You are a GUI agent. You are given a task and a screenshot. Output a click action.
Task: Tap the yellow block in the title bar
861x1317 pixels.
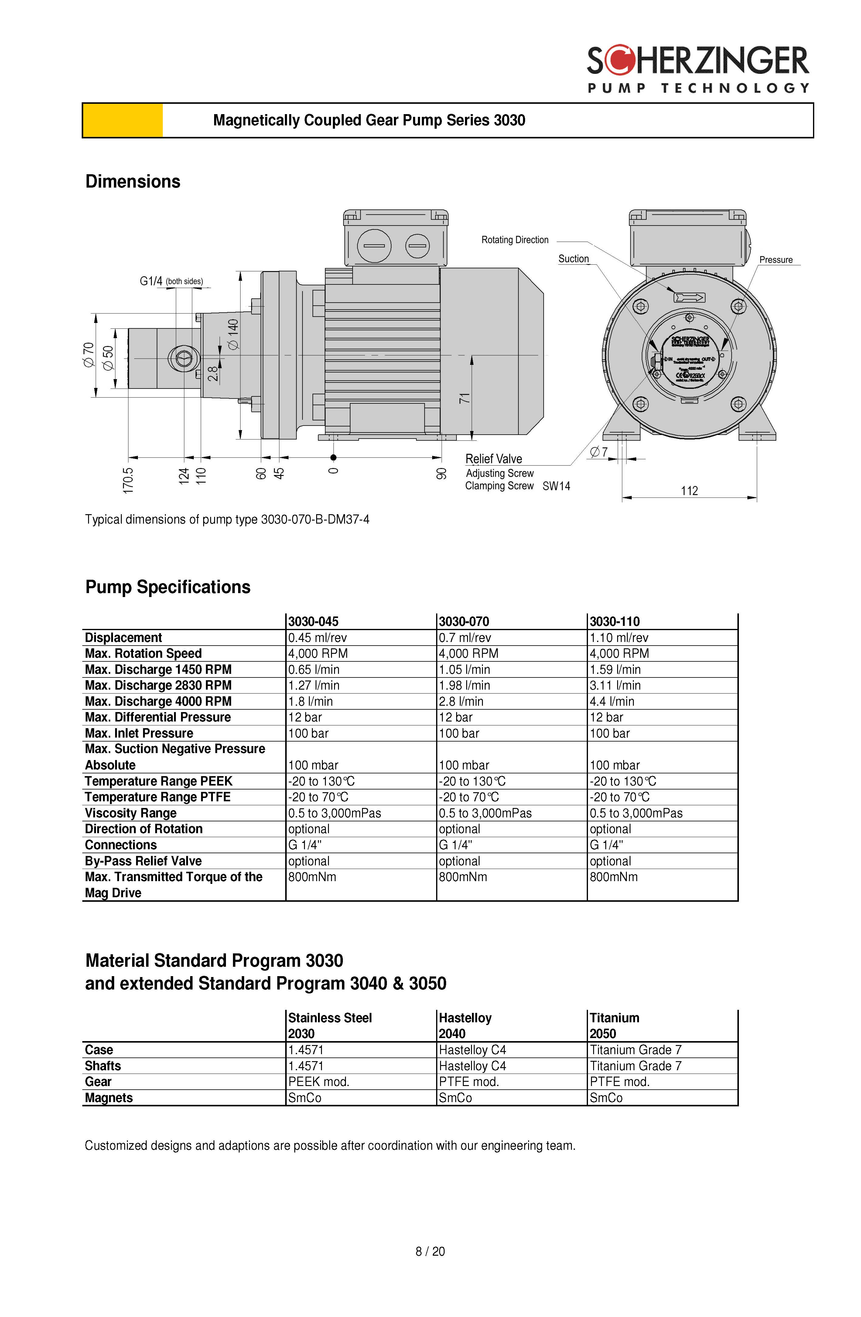[x=122, y=120]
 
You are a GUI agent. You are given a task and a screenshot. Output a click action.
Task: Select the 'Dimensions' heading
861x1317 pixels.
[x=133, y=182]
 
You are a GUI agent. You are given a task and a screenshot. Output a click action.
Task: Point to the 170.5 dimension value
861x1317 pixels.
[x=128, y=480]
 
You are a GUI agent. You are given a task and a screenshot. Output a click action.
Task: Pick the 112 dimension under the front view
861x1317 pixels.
[x=689, y=491]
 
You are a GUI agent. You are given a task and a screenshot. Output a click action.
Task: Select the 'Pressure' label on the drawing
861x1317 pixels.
[x=776, y=260]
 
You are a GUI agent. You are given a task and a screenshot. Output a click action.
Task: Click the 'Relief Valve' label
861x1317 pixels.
[x=493, y=459]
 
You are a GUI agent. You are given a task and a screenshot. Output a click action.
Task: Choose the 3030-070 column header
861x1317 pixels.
[x=464, y=621]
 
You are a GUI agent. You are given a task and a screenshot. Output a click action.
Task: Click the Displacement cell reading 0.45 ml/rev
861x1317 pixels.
[x=317, y=637]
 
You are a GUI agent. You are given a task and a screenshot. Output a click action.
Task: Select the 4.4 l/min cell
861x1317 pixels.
[x=612, y=701]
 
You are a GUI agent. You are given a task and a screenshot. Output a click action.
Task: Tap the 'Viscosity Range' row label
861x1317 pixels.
[x=131, y=813]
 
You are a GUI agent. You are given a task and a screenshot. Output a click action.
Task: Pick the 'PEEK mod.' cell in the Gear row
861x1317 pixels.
[x=318, y=1081]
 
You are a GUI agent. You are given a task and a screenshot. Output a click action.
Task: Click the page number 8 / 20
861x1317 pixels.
[x=430, y=1251]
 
